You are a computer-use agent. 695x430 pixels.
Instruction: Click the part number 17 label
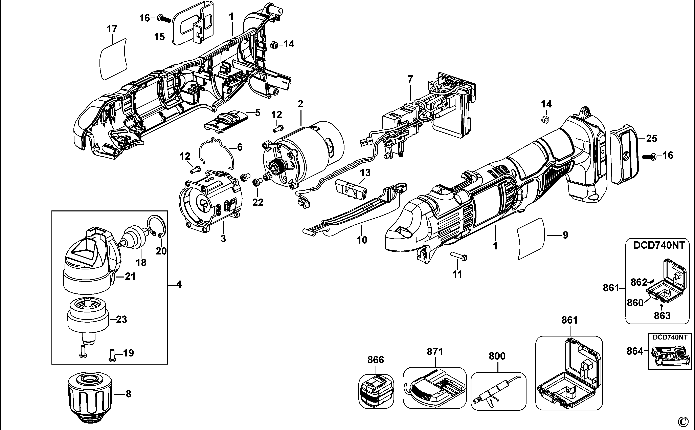coord(112,29)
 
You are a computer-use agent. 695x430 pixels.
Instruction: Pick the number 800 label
coord(497,356)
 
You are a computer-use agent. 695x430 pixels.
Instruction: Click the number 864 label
coord(635,351)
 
